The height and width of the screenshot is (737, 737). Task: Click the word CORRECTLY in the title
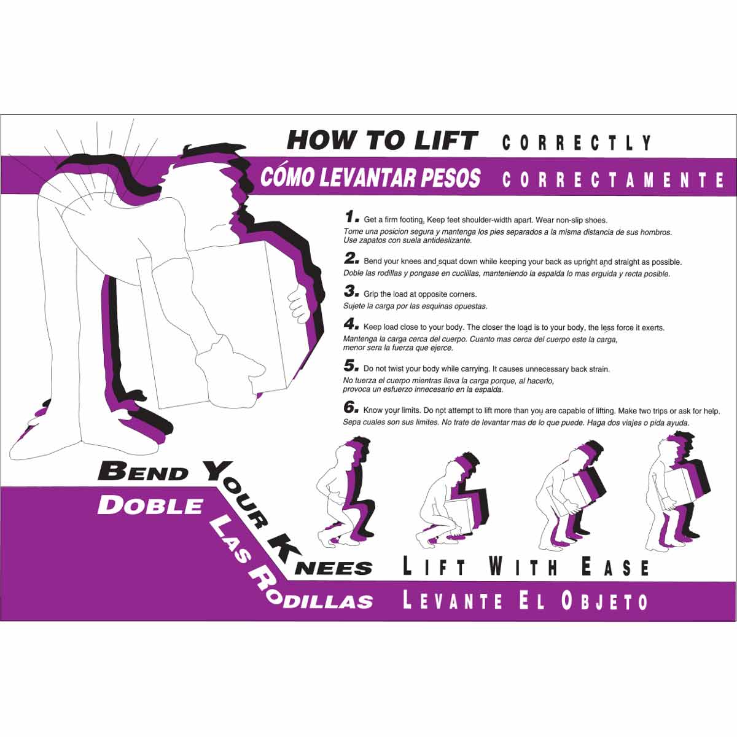pos(577,143)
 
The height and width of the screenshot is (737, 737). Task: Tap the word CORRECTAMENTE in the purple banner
pos(614,179)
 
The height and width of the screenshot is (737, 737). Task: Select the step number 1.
pos(351,217)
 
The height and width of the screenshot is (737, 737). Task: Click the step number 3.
pos(351,291)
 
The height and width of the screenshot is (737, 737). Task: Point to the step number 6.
pos(351,407)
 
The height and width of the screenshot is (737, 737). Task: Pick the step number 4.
pos(351,324)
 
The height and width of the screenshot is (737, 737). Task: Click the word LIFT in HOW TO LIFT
pos(446,141)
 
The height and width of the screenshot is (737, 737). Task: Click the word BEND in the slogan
pos(143,472)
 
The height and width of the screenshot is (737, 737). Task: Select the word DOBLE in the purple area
pos(150,505)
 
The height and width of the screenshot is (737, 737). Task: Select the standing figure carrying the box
pos(673,491)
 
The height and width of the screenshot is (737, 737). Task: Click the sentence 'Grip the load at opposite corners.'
pos(420,294)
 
